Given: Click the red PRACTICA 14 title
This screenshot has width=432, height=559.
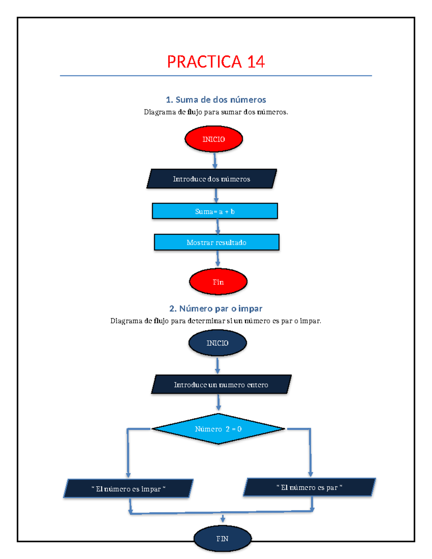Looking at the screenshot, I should (216, 62).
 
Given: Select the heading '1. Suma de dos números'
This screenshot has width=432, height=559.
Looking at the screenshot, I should (216, 100).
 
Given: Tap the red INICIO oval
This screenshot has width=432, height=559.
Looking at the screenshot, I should (213, 139).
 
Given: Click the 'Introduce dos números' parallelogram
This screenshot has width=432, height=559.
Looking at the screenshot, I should (212, 179).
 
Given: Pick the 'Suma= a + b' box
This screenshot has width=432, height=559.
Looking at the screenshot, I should (215, 211).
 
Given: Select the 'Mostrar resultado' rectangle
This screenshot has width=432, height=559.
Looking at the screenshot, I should (216, 242).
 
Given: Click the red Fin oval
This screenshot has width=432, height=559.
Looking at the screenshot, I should (218, 282).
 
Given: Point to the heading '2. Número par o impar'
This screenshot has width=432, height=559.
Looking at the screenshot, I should (216, 308).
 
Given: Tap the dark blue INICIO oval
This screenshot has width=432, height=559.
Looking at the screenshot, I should (217, 343).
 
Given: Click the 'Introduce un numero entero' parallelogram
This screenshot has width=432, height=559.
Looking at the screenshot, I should (221, 384).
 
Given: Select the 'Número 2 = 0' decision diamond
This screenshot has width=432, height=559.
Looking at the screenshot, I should (218, 429).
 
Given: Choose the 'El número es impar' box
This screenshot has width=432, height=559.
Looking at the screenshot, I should (128, 488).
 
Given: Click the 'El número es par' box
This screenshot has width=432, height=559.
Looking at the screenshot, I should (309, 487).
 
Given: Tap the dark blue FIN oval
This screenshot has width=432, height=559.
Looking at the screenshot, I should (222, 538).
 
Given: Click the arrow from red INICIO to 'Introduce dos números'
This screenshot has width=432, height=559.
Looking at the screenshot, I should (215, 161).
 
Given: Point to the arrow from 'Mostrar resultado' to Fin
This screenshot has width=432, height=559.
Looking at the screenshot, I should (217, 259).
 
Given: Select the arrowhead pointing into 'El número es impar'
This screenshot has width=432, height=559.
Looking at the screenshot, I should (128, 475).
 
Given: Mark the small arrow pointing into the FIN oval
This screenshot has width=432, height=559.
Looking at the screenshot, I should (223, 519).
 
